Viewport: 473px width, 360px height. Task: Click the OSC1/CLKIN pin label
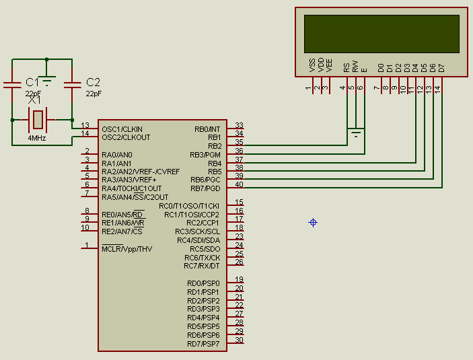click(122, 129)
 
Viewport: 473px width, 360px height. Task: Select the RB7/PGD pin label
click(205, 188)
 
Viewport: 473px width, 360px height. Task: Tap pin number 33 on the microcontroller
click(239, 126)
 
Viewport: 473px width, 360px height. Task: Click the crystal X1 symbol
click(38, 120)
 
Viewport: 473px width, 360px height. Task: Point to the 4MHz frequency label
click(37, 137)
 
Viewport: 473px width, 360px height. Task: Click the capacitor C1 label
click(32, 82)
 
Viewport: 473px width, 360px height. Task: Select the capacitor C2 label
click(93, 82)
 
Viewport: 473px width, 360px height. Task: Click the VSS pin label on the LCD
click(312, 66)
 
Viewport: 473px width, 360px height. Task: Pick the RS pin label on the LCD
click(347, 67)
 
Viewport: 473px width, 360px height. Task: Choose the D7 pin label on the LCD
click(441, 67)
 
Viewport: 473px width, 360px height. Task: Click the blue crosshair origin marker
click(313, 222)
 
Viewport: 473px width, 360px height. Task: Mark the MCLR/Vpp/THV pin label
click(126, 249)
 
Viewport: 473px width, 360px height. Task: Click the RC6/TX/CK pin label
click(202, 258)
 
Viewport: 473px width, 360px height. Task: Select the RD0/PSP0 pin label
click(203, 283)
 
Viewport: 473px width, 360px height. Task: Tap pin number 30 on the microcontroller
click(239, 340)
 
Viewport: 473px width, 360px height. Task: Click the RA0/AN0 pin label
click(116, 155)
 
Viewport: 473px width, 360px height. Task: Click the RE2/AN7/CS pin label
click(122, 231)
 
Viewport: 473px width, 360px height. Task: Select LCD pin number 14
click(437, 88)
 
